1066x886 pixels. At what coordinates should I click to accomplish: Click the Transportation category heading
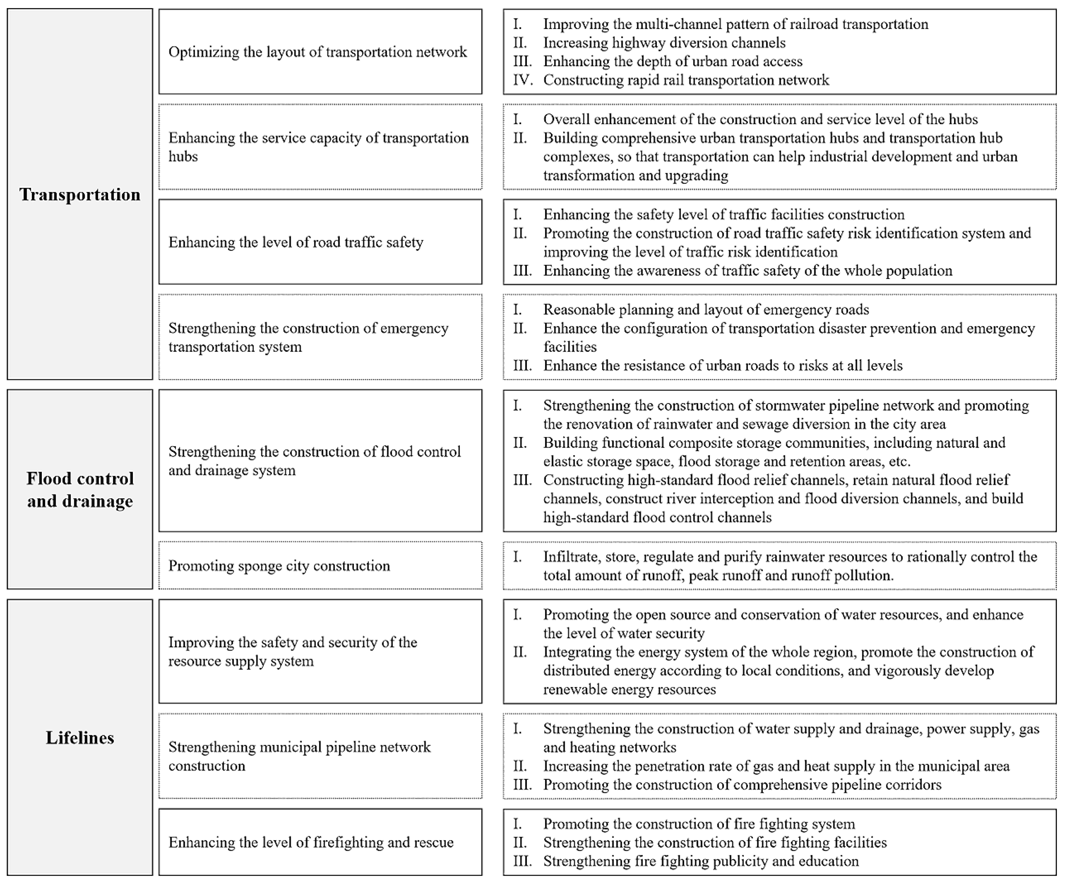coord(80,194)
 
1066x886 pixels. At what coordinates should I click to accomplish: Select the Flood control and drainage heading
coord(80,490)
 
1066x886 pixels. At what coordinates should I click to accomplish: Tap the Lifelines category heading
coord(80,737)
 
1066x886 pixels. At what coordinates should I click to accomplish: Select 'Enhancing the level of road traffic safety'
coord(296,242)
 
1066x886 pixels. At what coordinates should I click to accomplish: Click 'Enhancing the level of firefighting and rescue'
coord(311,842)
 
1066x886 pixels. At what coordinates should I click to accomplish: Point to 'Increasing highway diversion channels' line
coord(664,42)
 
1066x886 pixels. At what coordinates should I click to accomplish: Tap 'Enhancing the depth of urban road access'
coord(673,61)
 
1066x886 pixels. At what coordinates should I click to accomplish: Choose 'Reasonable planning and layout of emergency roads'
coord(706,310)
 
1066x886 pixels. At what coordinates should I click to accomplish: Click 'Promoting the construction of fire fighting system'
coord(699,824)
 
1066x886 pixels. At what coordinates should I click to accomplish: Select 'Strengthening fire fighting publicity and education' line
coord(701,861)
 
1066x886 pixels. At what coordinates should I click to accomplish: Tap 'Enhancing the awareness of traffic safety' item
coord(747,270)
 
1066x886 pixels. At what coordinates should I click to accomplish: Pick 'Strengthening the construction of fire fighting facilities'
coord(715,842)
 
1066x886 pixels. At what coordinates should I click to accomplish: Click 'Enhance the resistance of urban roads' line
coord(723,365)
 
